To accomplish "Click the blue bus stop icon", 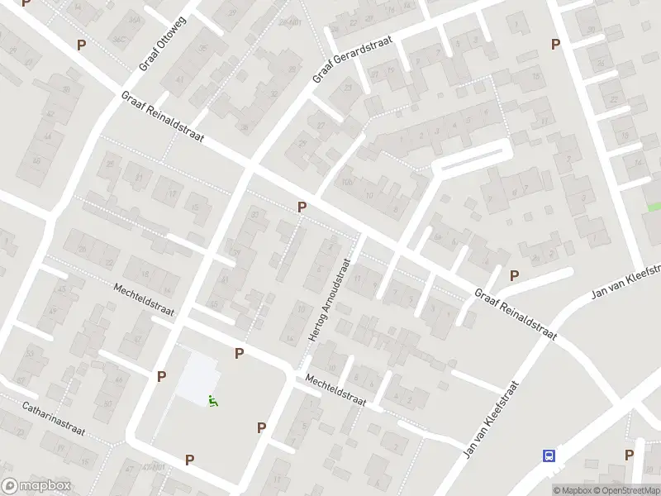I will [x=549, y=455].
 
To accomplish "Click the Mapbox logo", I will [x=36, y=486].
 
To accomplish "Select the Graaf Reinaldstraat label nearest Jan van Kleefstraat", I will [x=515, y=314].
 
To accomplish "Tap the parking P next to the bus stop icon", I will [x=629, y=455].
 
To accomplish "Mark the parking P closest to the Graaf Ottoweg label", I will [x=81, y=45].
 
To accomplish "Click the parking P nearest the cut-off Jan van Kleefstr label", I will [x=514, y=275].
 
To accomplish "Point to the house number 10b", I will [x=347, y=183].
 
